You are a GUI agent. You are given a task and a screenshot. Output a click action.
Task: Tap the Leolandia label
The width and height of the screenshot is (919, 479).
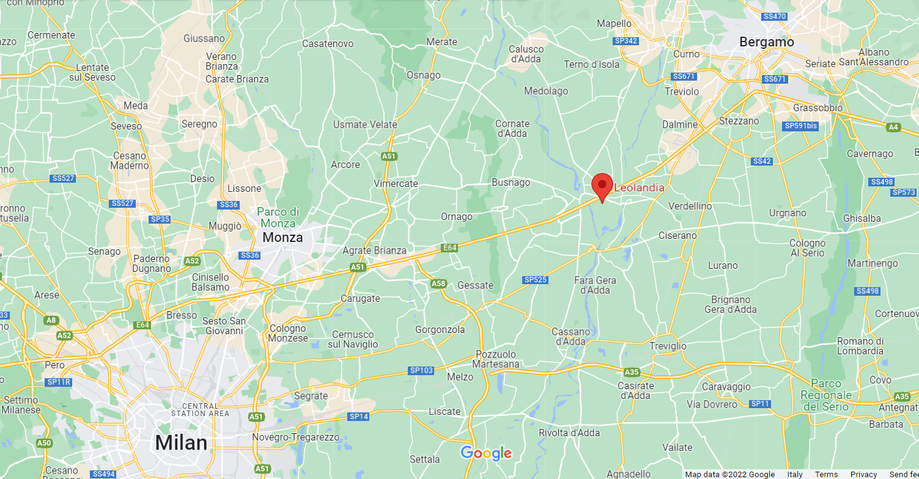(638, 188)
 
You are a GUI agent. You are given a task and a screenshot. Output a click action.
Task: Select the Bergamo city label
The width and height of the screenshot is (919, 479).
(766, 42)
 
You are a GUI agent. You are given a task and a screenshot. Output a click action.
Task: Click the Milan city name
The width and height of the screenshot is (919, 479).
(181, 442)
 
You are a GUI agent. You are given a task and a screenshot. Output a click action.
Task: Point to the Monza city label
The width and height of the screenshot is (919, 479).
(282, 237)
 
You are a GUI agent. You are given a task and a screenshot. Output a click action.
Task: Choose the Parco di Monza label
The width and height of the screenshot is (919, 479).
(278, 218)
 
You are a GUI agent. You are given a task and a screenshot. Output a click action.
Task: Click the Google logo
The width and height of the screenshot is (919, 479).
(486, 453)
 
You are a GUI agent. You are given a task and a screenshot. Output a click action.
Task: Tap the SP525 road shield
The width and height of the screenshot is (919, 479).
(536, 280)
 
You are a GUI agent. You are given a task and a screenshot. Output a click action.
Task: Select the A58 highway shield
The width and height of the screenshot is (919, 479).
(438, 283)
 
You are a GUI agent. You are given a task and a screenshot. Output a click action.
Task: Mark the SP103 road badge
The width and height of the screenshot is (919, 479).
(421, 371)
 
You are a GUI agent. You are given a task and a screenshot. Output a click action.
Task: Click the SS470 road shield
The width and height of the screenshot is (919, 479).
(775, 16)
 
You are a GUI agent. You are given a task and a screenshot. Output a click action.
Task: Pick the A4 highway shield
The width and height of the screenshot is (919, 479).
(893, 127)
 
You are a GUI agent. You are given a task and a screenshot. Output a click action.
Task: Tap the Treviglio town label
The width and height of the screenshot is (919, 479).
(668, 346)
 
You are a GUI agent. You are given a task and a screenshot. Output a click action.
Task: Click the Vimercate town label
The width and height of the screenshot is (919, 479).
(396, 183)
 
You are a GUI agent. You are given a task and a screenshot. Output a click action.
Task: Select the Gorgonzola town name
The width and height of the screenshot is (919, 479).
(440, 329)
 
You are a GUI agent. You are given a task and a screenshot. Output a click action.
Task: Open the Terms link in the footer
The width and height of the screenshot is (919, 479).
(826, 474)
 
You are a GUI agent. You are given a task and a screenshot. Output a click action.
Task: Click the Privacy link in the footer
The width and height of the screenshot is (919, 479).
(863, 474)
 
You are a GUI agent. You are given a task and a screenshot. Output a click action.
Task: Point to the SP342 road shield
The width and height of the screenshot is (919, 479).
(626, 41)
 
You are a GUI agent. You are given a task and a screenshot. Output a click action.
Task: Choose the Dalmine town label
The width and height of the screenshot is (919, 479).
(679, 125)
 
